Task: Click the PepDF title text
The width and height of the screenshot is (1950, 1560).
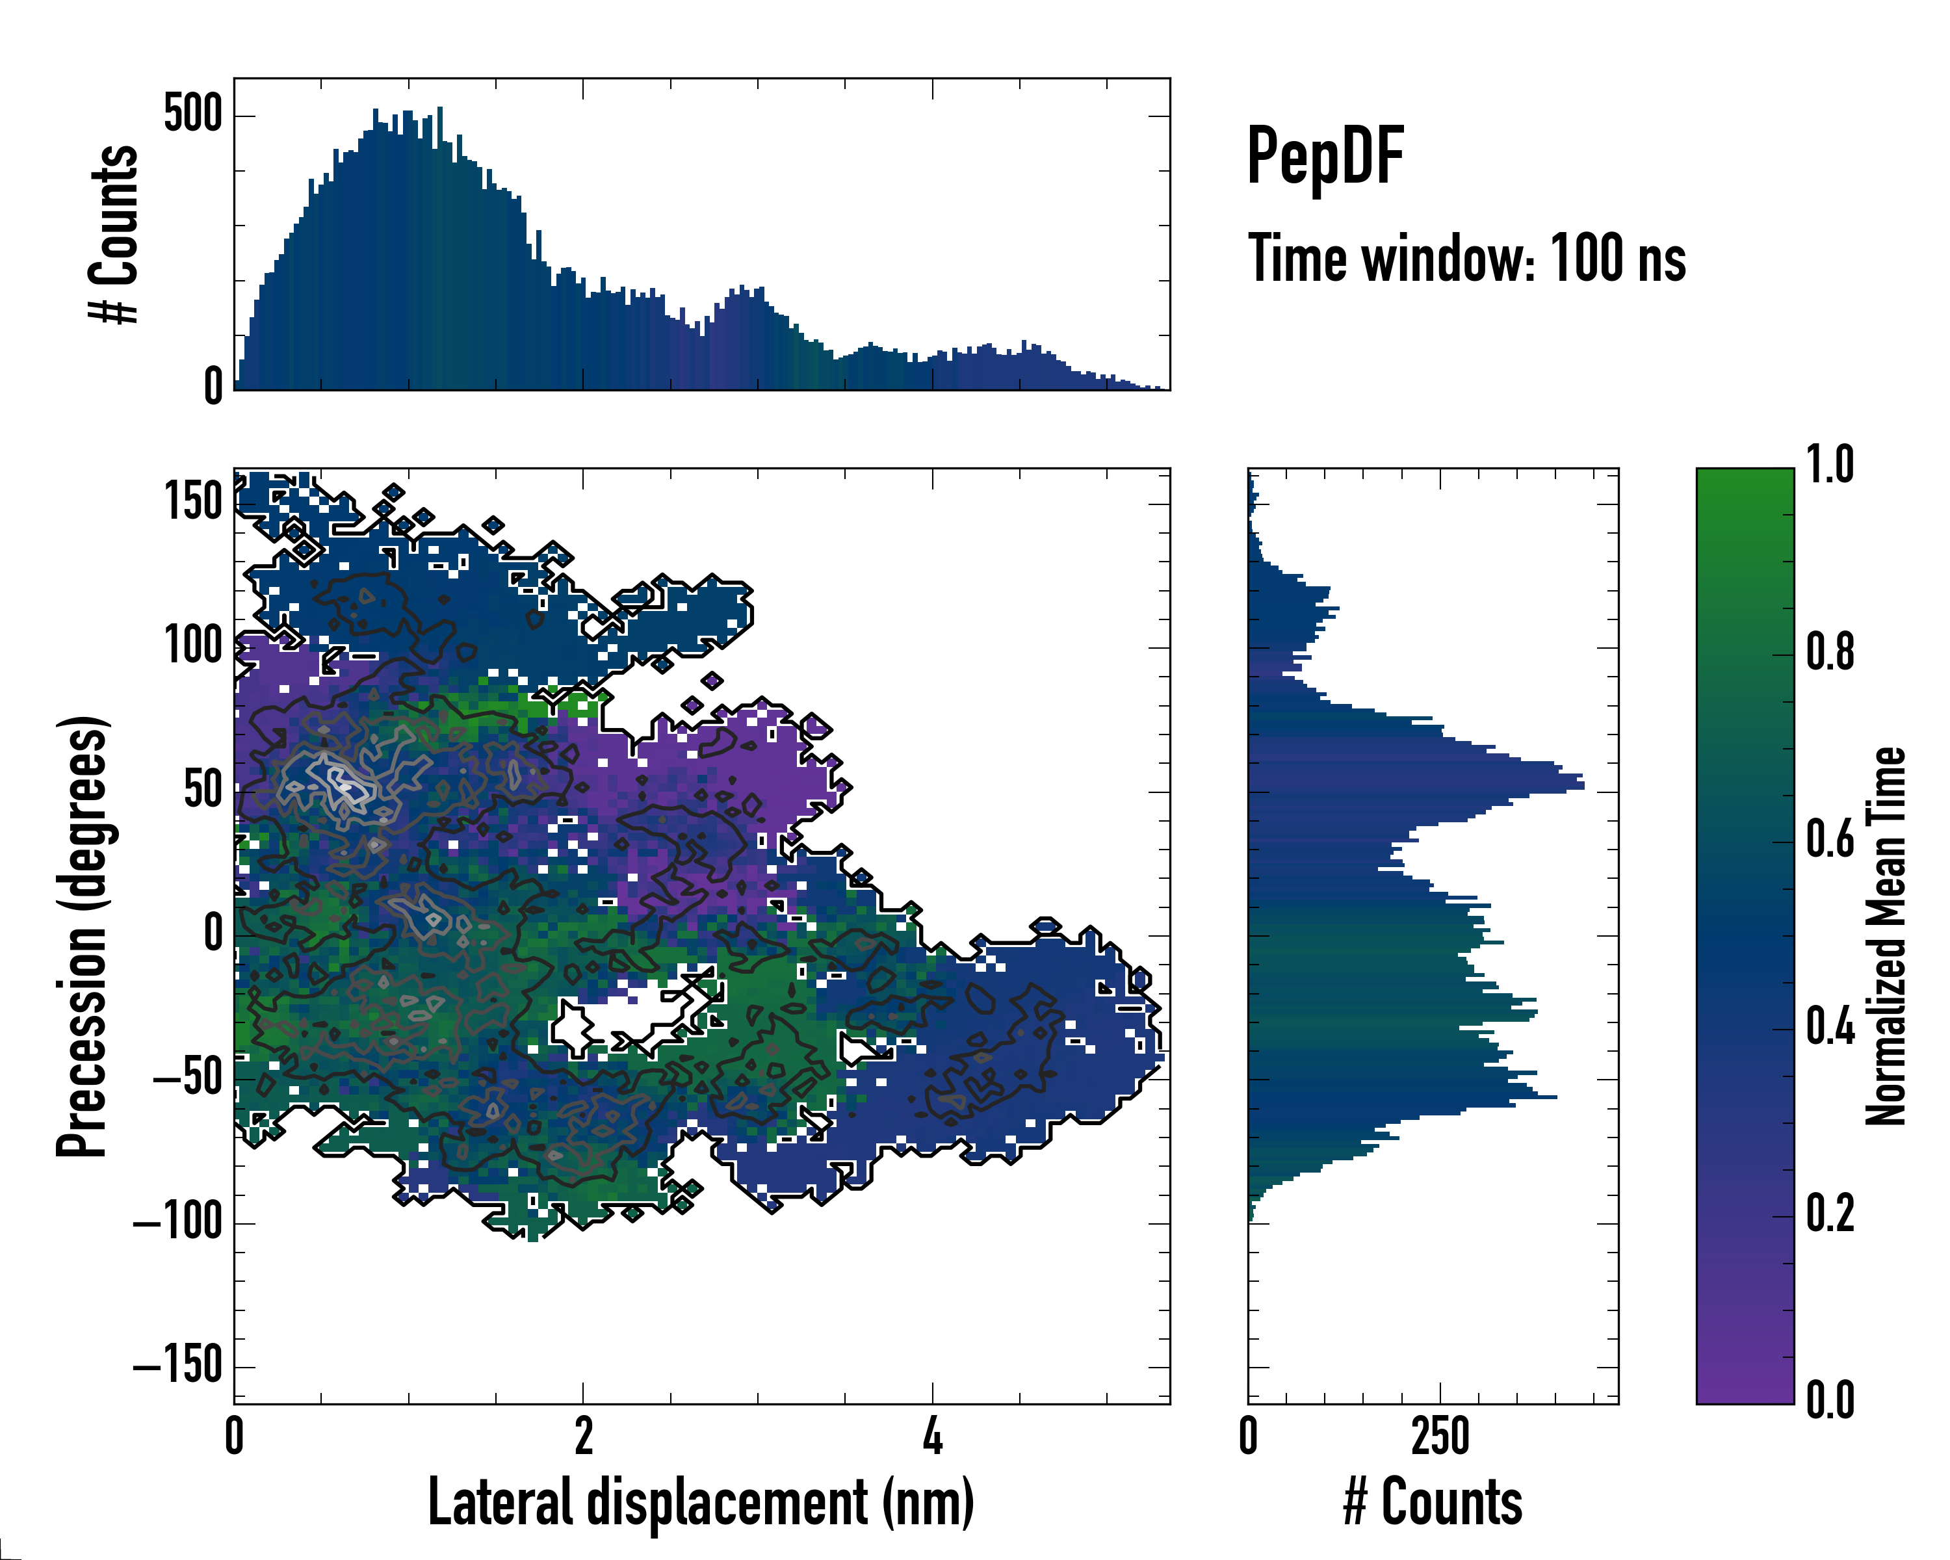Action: pos(1324,157)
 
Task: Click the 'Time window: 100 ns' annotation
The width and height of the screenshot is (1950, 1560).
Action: pos(1466,259)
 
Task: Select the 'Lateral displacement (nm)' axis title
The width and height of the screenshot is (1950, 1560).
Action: pos(701,1502)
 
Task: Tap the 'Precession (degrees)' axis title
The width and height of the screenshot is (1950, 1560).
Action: pos(83,935)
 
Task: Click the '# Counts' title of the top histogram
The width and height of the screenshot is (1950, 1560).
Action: pos(114,234)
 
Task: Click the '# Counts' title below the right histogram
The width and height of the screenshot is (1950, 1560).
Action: pos(1433,1502)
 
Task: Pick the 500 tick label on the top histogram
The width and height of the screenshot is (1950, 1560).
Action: pos(192,115)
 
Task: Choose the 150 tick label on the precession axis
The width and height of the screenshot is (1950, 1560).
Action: pos(192,501)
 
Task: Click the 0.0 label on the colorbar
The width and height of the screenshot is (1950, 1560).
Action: pos(1830,1400)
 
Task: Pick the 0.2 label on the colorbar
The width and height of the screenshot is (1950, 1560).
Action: pos(1830,1213)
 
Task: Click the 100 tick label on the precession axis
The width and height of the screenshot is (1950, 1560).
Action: pos(192,645)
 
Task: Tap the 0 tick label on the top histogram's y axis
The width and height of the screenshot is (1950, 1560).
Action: pos(213,386)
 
